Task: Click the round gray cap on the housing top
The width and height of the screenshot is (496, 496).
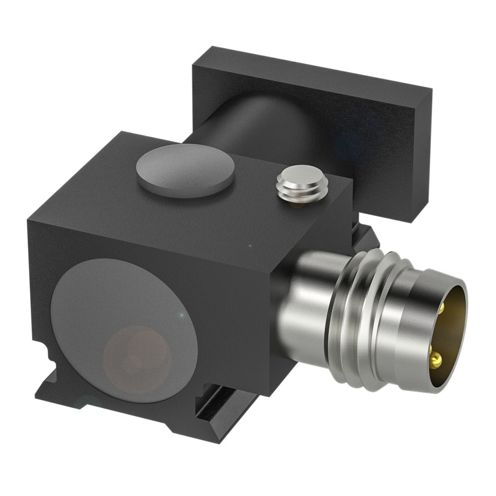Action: click(185, 172)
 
